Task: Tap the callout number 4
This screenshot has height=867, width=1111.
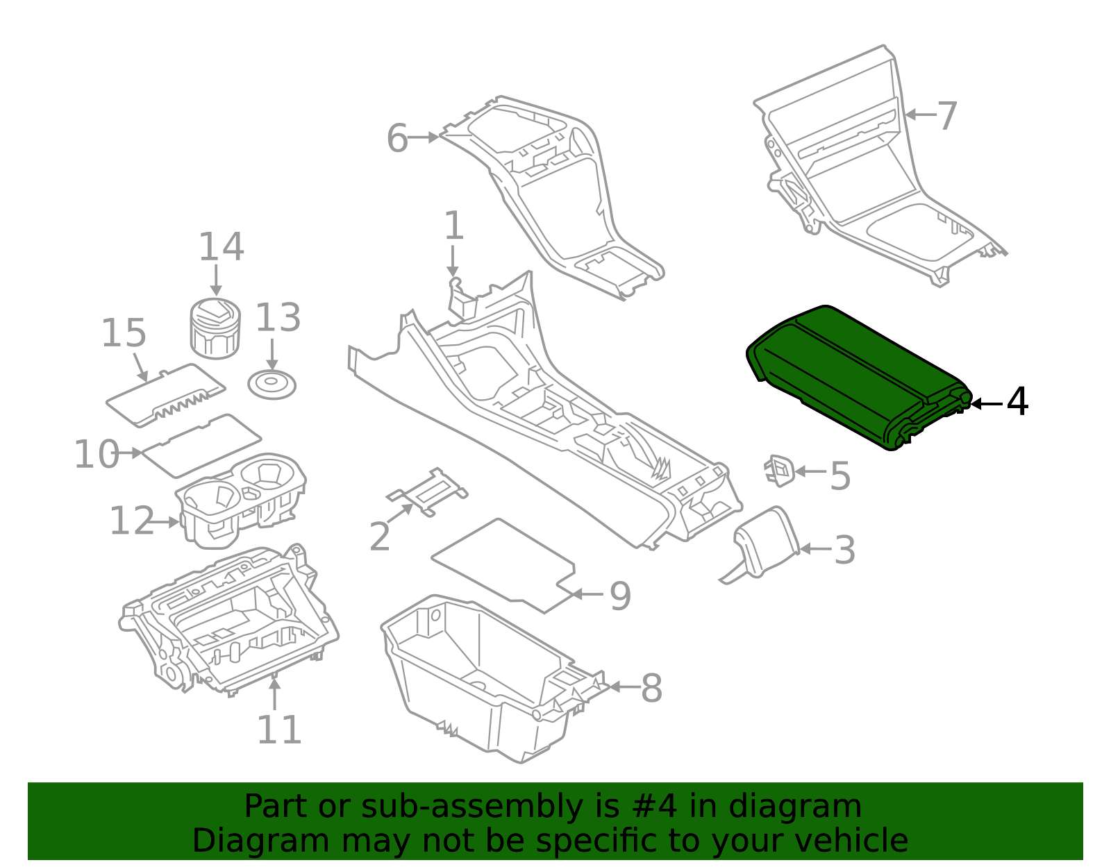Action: click(1017, 402)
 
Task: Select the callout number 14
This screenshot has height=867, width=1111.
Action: click(222, 247)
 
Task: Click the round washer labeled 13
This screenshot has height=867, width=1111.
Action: click(272, 384)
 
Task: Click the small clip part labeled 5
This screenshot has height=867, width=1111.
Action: click(780, 470)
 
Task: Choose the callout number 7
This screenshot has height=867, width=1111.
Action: click(947, 115)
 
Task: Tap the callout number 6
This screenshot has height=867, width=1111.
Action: click(397, 138)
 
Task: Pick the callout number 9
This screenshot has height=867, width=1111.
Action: click(620, 596)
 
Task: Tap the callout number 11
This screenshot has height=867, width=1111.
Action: click(279, 730)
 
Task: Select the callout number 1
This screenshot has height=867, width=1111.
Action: click(453, 226)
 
